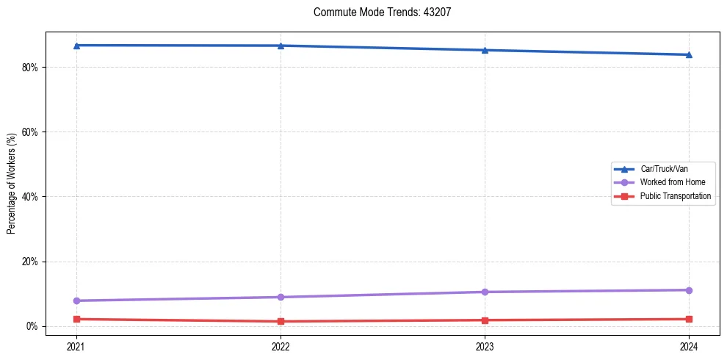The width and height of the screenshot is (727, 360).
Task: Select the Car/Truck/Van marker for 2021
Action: (x=76, y=46)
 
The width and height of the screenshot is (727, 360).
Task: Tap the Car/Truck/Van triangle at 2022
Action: (x=281, y=46)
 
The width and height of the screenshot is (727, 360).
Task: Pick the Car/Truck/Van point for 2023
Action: (x=485, y=50)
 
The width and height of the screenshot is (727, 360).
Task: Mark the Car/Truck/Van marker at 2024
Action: (x=689, y=54)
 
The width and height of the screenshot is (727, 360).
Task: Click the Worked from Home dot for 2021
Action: (x=76, y=300)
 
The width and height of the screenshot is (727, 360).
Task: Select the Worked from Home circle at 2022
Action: (x=281, y=297)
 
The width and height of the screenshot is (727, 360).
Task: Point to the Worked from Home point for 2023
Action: (x=485, y=292)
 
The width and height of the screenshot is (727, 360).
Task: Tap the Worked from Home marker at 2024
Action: (x=689, y=290)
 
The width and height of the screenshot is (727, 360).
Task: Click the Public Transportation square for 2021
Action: (x=76, y=319)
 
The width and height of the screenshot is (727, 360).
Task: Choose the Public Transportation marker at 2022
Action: (x=281, y=321)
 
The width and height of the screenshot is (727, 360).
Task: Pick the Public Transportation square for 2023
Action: (x=485, y=320)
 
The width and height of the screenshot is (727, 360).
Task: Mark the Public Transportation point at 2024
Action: (x=689, y=319)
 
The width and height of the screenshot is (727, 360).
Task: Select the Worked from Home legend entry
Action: (x=673, y=182)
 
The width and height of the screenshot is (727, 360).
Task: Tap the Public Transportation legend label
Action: (x=676, y=196)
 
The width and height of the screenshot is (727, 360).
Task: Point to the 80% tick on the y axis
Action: (x=29, y=67)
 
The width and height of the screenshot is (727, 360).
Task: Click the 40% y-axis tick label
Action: (x=29, y=197)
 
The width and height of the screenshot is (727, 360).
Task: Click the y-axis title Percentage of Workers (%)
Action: (x=11, y=184)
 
